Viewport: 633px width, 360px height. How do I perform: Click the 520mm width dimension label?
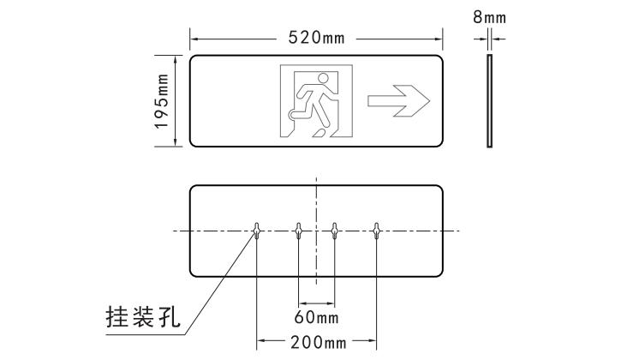pos(317,38)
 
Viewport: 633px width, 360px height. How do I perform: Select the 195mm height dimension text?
pos(162,101)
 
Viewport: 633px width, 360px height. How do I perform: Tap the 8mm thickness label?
pos(489,17)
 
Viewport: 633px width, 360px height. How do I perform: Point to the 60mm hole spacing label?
pos(317,317)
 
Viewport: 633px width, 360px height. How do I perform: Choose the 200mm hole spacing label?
pos(319,343)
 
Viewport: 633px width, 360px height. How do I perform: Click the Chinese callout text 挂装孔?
pos(143,317)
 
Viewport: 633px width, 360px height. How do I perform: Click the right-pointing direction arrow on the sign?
pos(398,101)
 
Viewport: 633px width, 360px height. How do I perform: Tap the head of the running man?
pos(324,78)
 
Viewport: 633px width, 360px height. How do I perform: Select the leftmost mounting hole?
pos(257,231)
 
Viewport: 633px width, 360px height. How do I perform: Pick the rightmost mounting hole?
pos(376,231)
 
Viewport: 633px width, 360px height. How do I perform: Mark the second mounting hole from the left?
pos(298,231)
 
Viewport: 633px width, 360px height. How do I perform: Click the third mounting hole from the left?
pos(334,231)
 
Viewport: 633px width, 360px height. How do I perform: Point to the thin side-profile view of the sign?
pos(489,100)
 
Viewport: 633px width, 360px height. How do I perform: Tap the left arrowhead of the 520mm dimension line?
pos(194,39)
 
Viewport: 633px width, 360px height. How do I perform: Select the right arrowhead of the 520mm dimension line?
pos(439,39)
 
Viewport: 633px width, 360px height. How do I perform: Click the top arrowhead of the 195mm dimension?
pos(176,59)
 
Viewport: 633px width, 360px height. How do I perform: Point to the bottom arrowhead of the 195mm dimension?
pos(176,142)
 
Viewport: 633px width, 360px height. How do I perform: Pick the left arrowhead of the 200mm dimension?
pos(260,340)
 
